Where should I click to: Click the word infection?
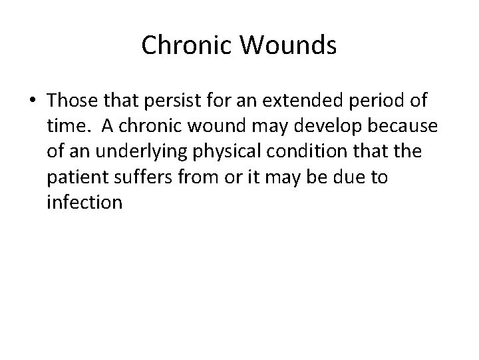point(85,202)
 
